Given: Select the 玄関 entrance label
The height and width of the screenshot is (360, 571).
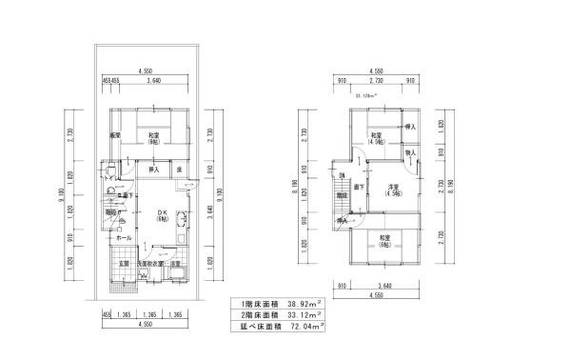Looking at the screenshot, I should click(124, 264).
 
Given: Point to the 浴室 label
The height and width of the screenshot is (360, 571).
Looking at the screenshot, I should click(175, 264).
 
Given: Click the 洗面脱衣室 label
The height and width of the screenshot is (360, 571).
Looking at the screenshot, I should click(149, 264).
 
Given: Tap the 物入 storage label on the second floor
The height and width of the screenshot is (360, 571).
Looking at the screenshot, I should click(410, 152).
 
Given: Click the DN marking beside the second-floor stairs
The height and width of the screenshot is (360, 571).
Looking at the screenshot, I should click(341, 176).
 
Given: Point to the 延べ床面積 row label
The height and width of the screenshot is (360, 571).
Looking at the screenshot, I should click(255, 326).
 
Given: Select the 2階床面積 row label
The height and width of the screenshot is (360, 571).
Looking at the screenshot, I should click(255, 315).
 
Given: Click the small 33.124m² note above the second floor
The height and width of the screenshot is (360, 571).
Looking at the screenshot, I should click(366, 96).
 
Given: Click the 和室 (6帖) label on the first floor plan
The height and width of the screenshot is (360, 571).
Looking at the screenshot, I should click(153, 140).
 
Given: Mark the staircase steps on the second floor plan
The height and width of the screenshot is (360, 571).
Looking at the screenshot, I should click(340, 201).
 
